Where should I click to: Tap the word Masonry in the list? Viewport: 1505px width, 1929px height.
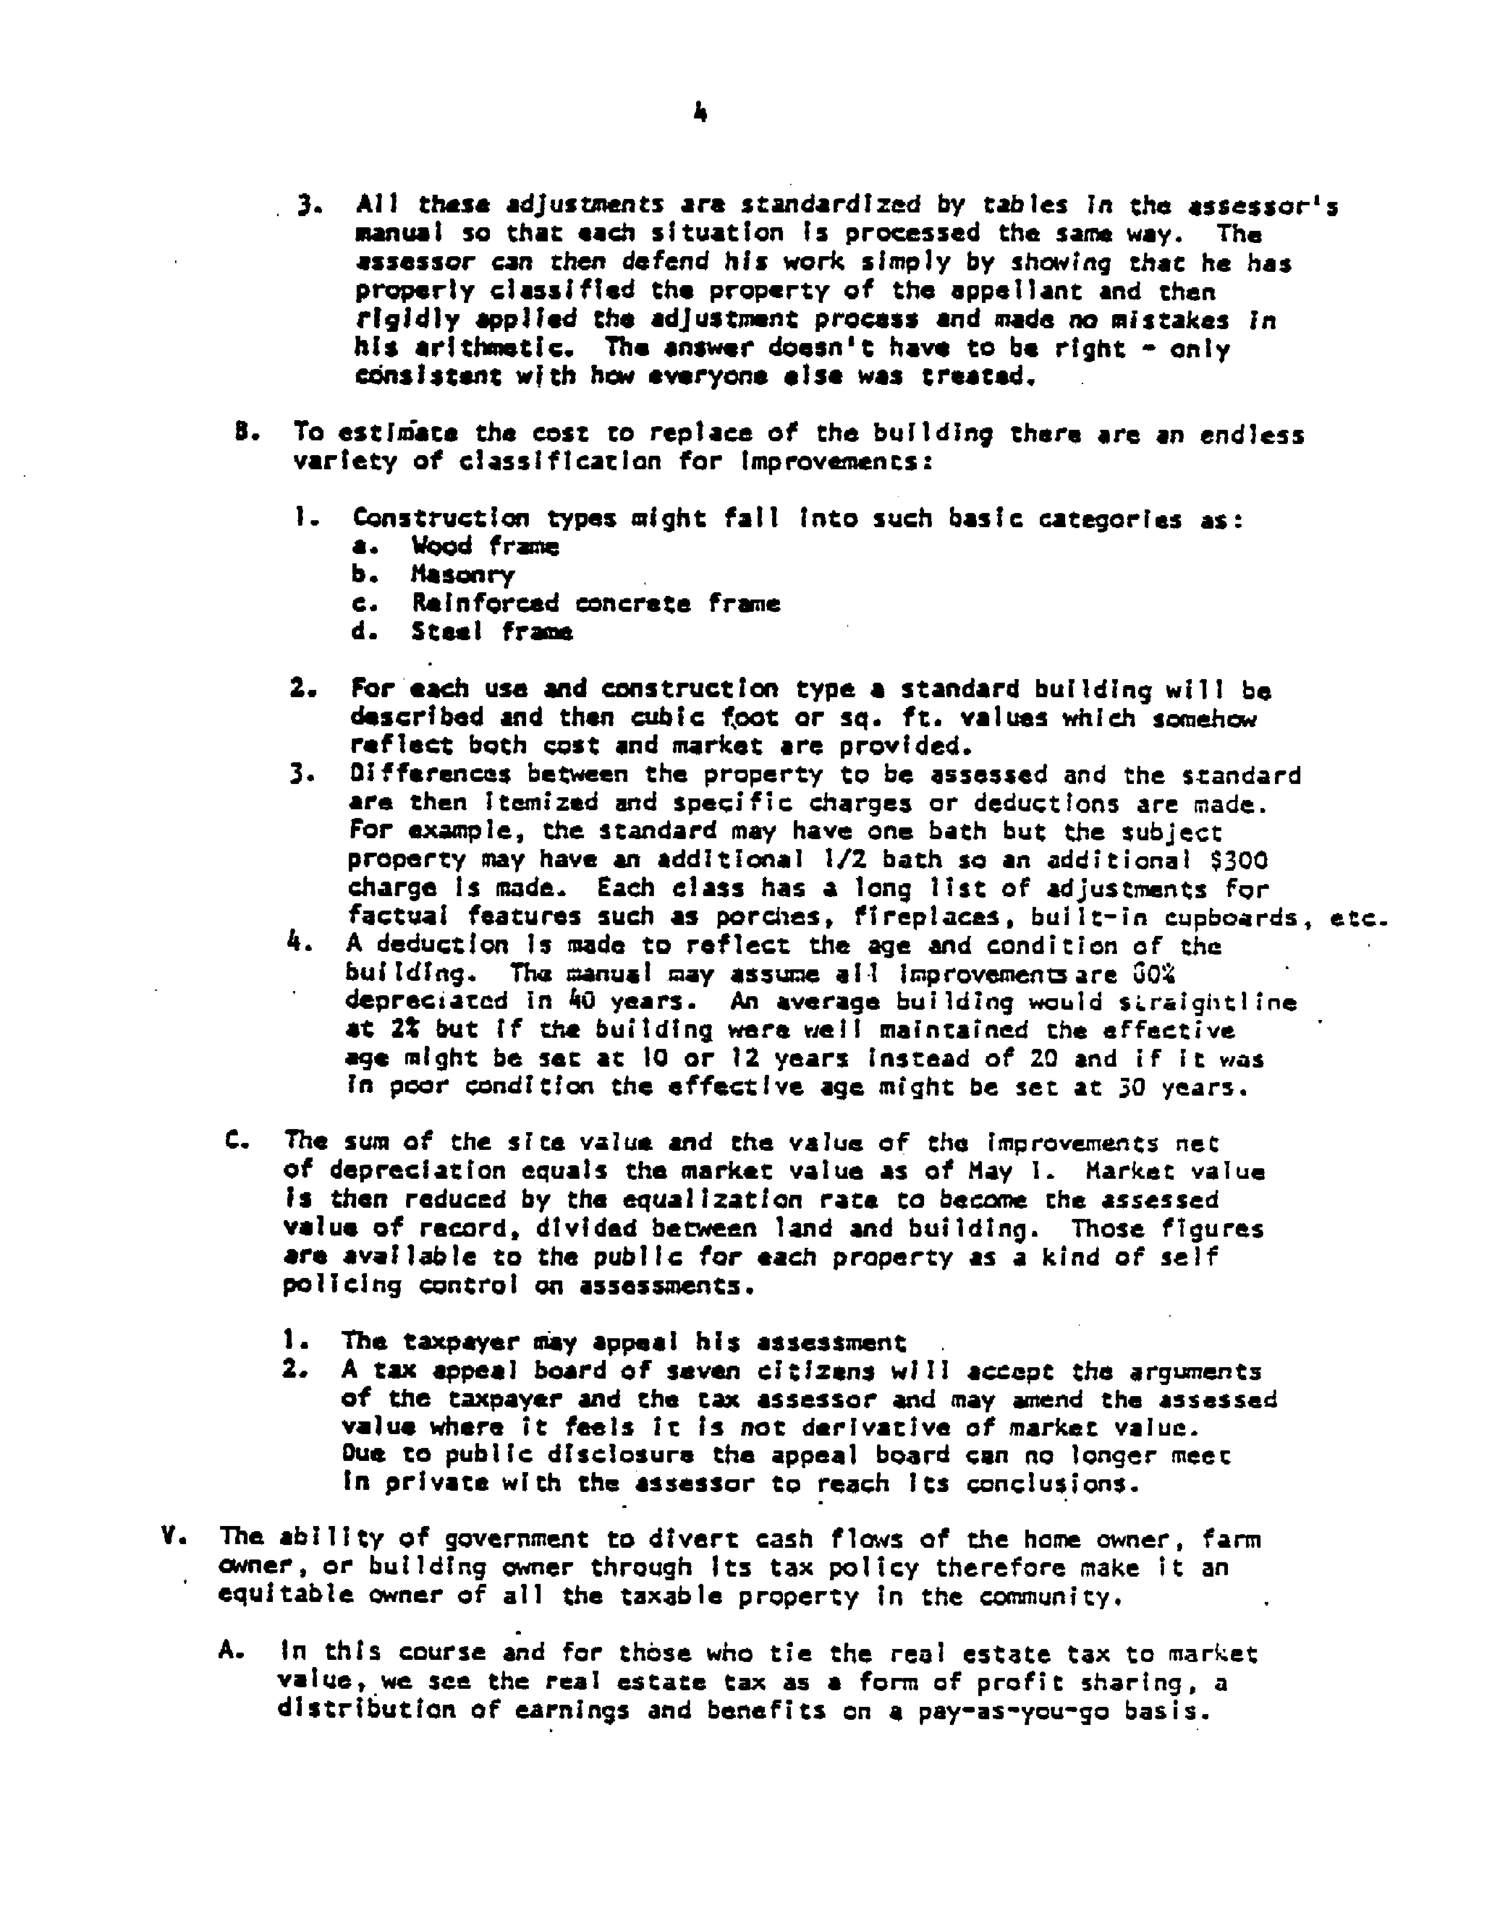(462, 575)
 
